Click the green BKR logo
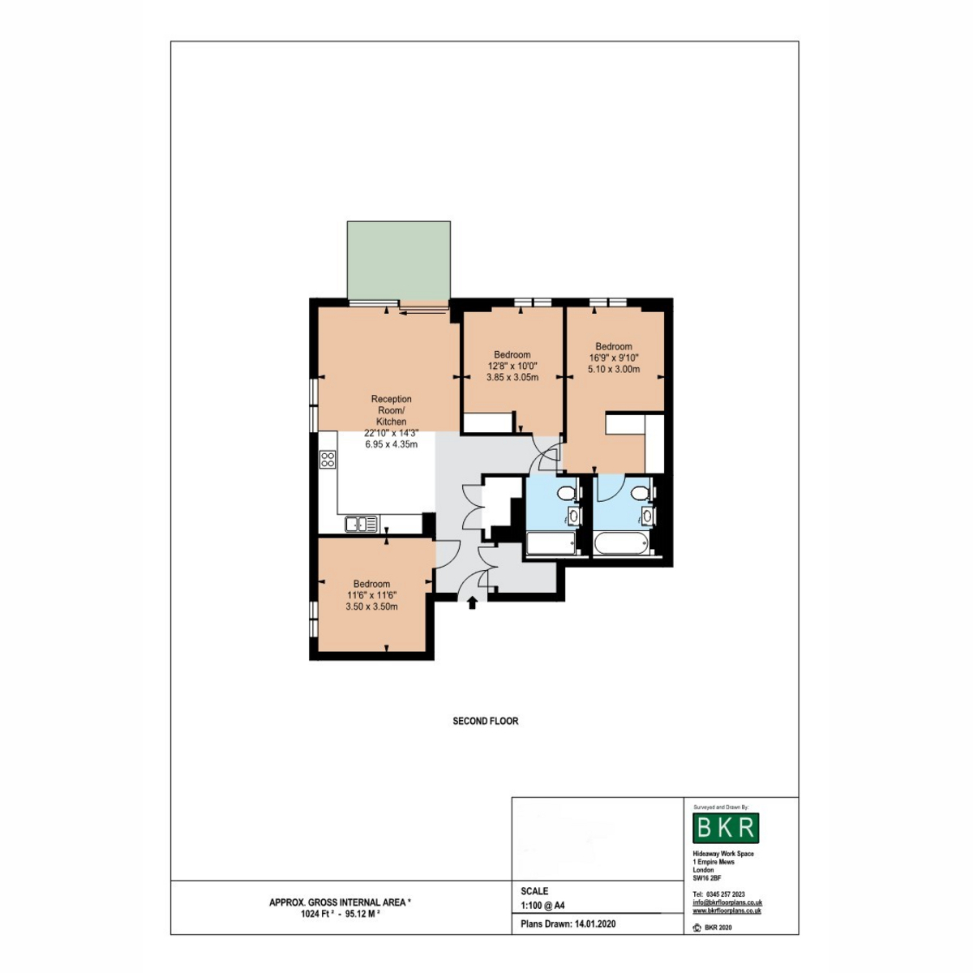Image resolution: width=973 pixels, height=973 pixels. pyautogui.click(x=726, y=828)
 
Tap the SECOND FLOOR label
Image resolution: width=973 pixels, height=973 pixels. pyautogui.click(x=485, y=721)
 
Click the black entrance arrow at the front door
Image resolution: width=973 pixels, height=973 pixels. pyautogui.click(x=472, y=602)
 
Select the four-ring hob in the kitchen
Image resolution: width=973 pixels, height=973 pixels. pyautogui.click(x=328, y=460)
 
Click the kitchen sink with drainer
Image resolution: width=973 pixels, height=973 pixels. pyautogui.click(x=361, y=524)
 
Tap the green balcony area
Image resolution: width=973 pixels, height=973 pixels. pyautogui.click(x=398, y=260)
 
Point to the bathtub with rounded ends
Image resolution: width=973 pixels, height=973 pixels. pyautogui.click(x=620, y=544)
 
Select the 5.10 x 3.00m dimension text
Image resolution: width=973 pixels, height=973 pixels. pyautogui.click(x=614, y=369)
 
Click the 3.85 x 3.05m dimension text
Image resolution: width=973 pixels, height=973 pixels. pyautogui.click(x=512, y=377)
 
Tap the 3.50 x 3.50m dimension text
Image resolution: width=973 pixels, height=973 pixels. pyautogui.click(x=371, y=607)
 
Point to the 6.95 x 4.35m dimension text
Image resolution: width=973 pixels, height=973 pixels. pyautogui.click(x=392, y=444)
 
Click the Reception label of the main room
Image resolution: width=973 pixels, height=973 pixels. pyautogui.click(x=392, y=399)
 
